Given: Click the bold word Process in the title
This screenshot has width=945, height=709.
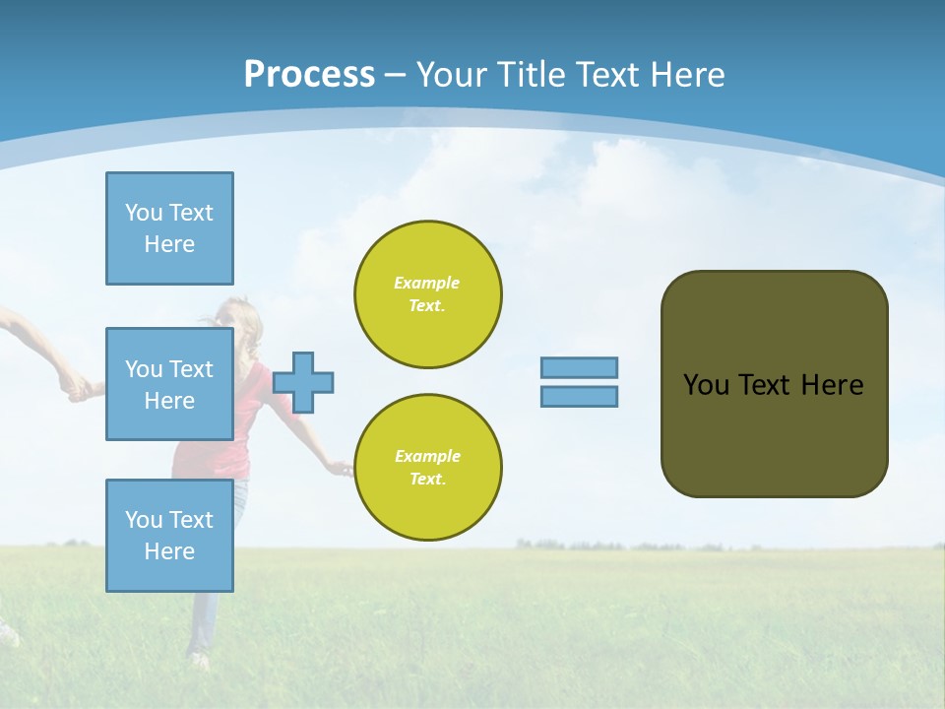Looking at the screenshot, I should tap(309, 75).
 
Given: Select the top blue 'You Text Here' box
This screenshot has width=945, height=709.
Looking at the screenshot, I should tap(169, 228).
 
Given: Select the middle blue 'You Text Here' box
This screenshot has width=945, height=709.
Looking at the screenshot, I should tap(169, 384).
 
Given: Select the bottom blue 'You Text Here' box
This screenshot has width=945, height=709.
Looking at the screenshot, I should tap(169, 536).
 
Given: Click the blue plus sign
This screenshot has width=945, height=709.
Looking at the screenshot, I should tap(303, 382).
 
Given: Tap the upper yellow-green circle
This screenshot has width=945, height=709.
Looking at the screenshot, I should tap(428, 294).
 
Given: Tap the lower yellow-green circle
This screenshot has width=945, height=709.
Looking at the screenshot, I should tap(428, 467).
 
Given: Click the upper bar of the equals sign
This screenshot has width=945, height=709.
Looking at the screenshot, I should tap(579, 367).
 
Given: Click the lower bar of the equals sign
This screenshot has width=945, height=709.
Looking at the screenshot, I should tap(579, 396).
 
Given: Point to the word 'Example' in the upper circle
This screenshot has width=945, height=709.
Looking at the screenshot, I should tap(427, 283).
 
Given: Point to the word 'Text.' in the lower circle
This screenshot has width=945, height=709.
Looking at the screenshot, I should tap(427, 479).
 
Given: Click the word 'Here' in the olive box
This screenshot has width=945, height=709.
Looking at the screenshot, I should tap(832, 385).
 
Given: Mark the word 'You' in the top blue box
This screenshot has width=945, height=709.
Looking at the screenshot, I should tap(143, 213).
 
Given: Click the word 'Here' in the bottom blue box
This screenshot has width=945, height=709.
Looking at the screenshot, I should tap(169, 551).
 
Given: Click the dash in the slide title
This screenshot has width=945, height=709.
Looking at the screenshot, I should tap(396, 75).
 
